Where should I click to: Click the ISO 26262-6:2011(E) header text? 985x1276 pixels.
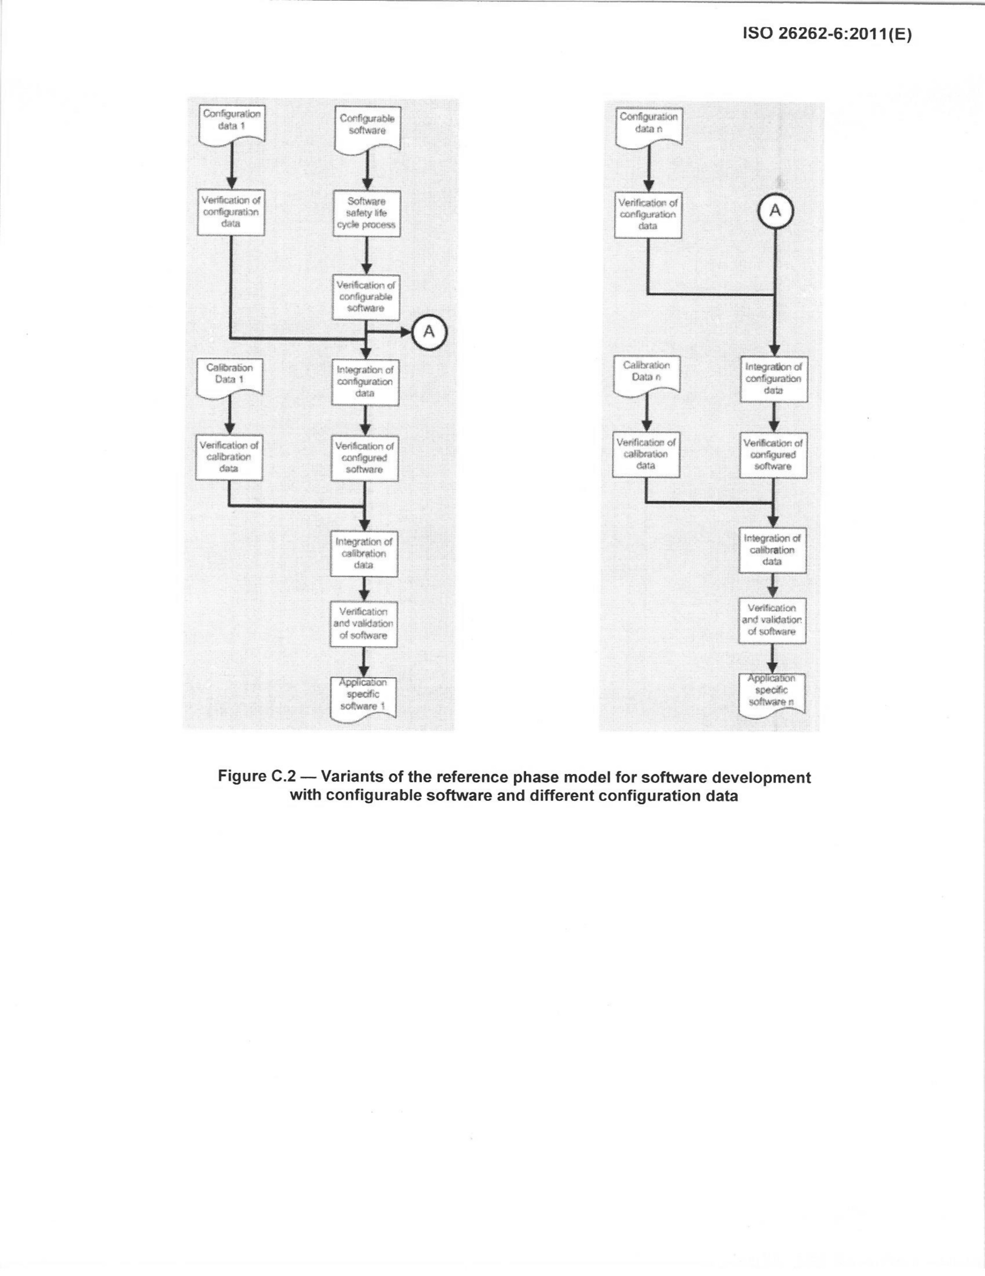827,34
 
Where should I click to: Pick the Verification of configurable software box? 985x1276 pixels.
366,297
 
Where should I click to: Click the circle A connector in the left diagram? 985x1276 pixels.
429,332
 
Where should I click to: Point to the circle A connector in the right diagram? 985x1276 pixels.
775,211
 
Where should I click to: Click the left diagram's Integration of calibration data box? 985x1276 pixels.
364,553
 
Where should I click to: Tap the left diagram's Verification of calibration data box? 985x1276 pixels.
229,457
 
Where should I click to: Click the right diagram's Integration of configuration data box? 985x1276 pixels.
774,379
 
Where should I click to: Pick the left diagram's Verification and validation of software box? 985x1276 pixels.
364,624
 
